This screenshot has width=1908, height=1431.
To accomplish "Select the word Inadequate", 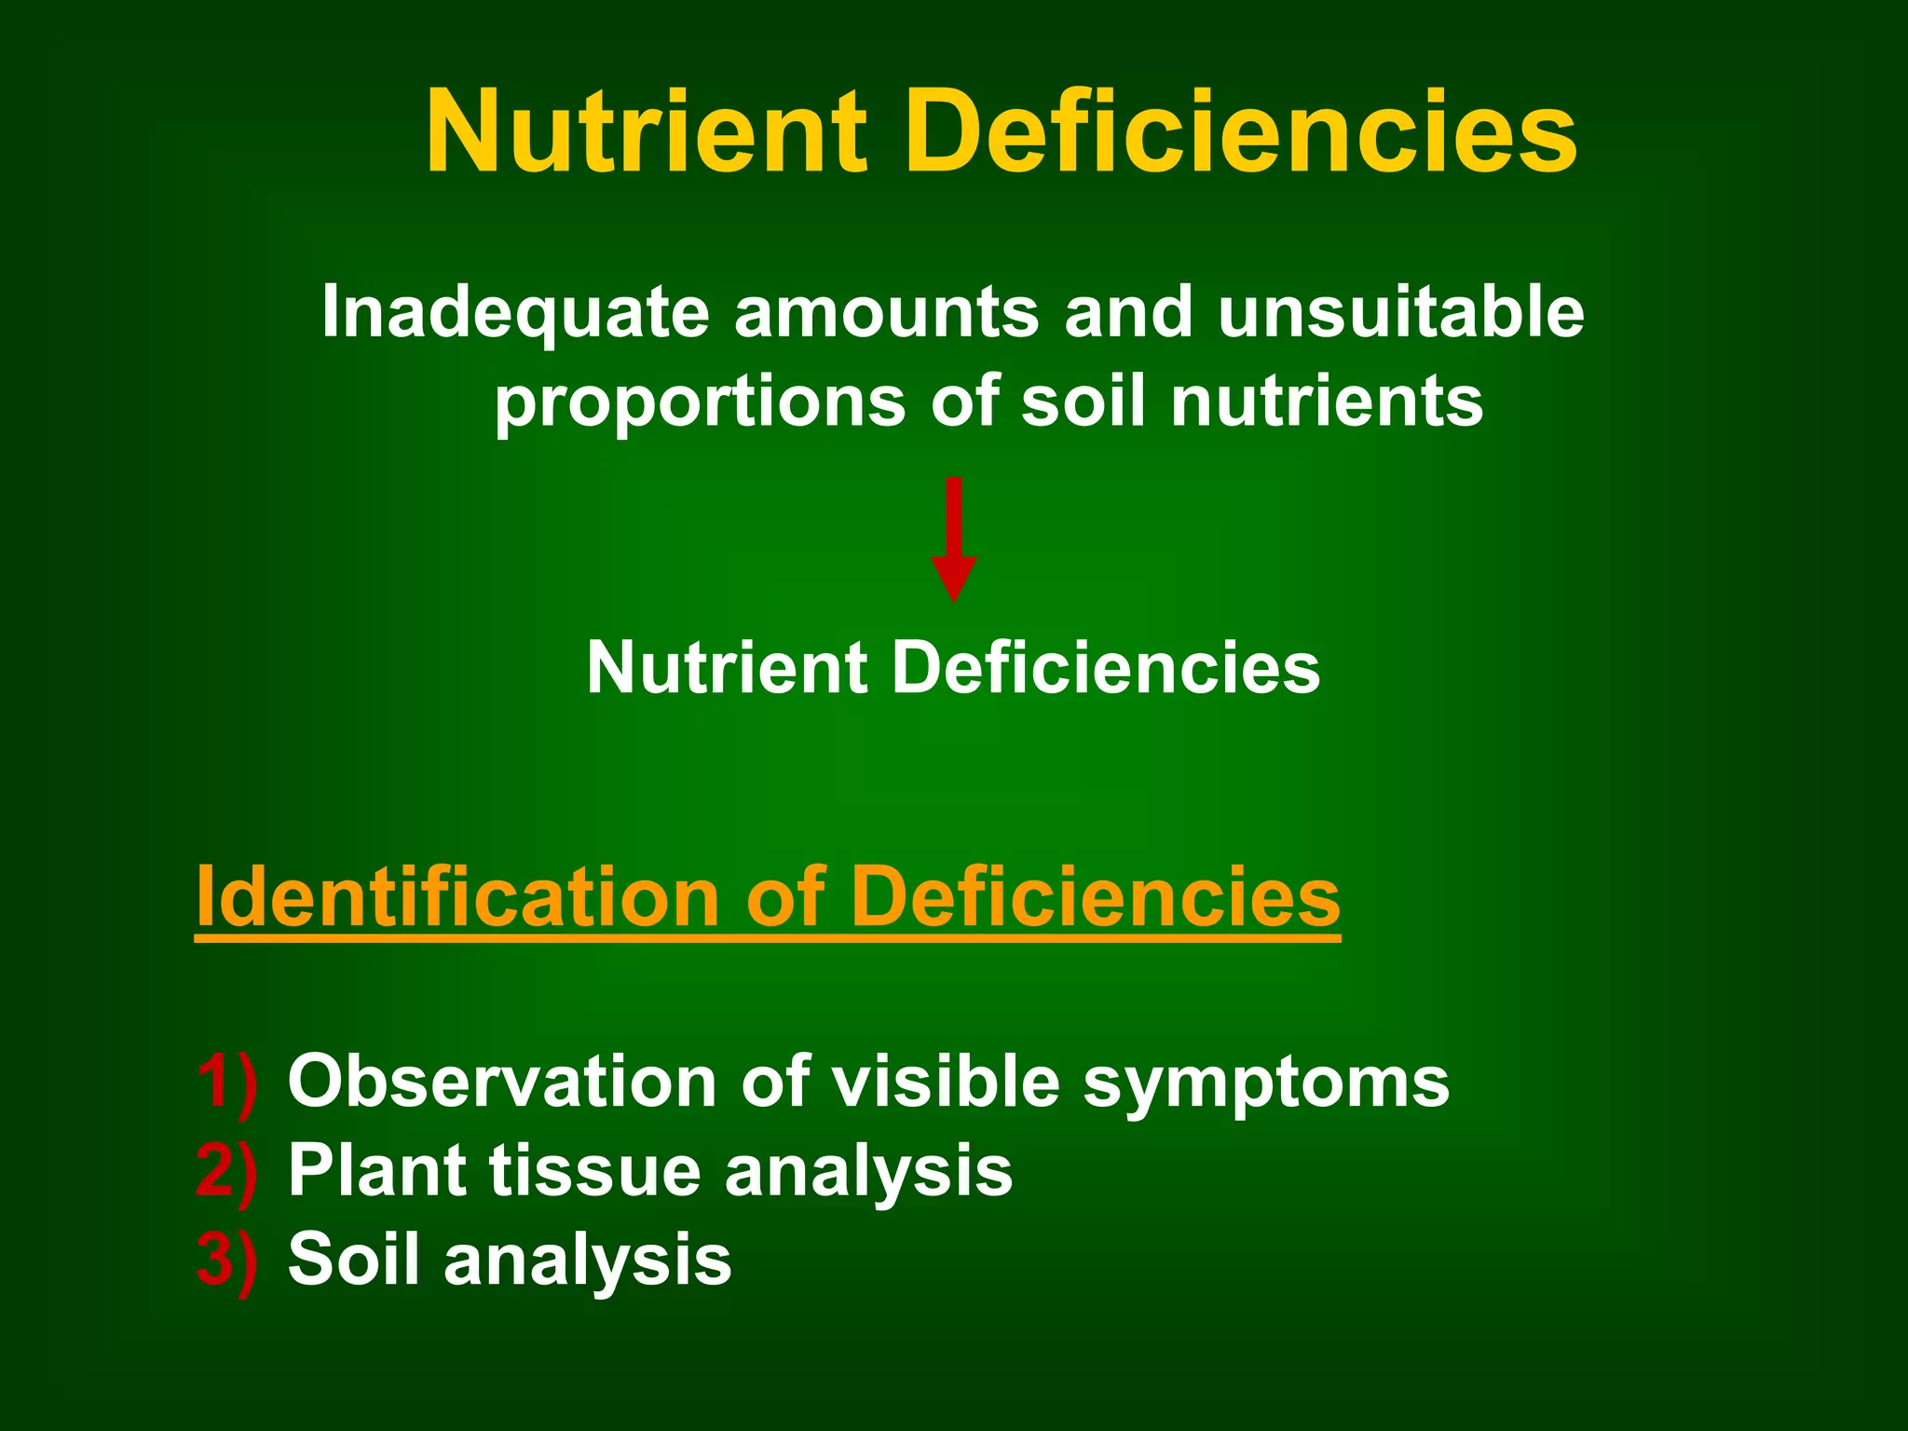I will pos(515,313).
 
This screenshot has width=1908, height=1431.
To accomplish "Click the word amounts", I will pos(886,313).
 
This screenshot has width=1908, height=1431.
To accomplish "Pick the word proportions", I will pos(700,402).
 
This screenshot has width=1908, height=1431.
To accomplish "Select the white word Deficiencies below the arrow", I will pos(1106,668).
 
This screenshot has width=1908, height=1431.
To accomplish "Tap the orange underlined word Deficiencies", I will pos(1095,896).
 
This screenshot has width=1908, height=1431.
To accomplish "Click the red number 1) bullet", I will pos(226,1083).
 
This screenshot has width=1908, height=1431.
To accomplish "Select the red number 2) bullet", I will pos(226,1172).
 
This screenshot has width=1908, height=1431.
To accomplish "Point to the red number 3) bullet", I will pos(226,1261).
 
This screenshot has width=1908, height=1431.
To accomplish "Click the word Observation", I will pos(502,1082).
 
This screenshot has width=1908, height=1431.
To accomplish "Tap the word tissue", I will pos(593,1171).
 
